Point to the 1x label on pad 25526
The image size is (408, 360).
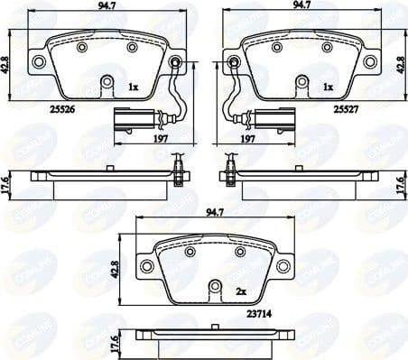[133, 87]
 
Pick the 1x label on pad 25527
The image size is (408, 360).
[329, 87]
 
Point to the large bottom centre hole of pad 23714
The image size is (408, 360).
[215, 288]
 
